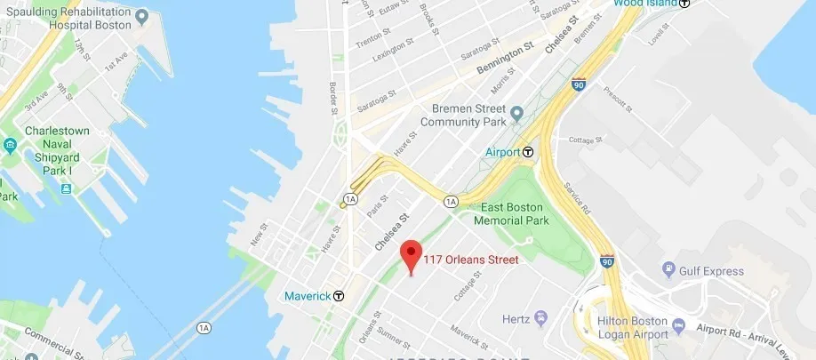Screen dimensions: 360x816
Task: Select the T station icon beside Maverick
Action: pyautogui.click(x=339, y=296)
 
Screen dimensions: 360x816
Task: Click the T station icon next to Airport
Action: pyautogui.click(x=528, y=152)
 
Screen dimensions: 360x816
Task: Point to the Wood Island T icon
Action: pyautogui.click(x=684, y=4)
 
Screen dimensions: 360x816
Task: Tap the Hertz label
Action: pyautogui.click(x=516, y=318)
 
